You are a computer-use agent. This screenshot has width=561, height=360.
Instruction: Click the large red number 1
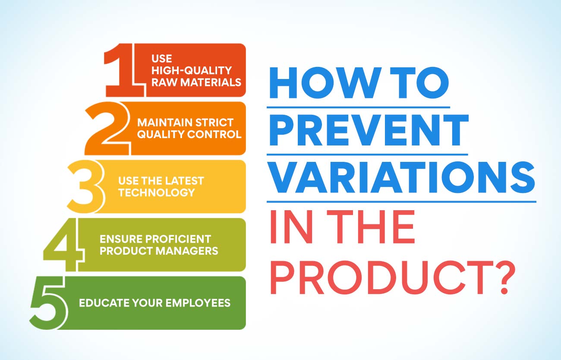coord(123,70)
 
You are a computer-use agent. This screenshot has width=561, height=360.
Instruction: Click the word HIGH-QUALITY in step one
coord(192,70)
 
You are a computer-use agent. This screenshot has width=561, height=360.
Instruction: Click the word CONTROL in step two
coord(214,134)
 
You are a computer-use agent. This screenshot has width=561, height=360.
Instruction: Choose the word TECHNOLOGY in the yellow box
coord(157,193)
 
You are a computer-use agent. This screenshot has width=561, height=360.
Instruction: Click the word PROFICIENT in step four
coord(178,239)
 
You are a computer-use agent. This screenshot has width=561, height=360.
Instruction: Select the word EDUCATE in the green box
coord(104,303)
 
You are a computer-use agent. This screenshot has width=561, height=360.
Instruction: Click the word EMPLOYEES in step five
coord(198,303)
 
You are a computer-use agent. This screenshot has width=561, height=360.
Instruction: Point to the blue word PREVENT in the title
coord(369,130)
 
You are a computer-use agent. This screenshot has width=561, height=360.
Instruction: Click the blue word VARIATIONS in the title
coord(402,177)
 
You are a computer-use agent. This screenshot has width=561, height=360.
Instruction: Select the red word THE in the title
coord(371,227)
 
